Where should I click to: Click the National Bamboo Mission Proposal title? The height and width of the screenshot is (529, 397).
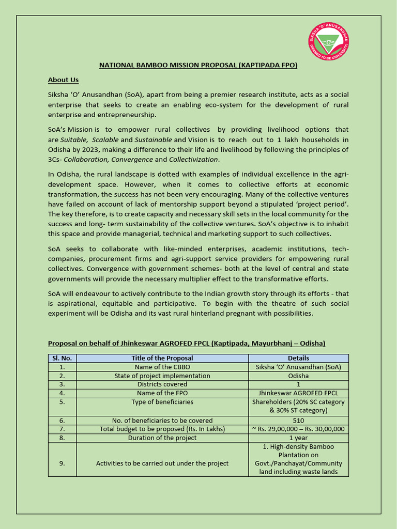click(x=198, y=66)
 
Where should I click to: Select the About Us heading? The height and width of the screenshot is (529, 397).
click(x=63, y=80)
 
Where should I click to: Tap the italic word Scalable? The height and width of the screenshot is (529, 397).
click(x=105, y=139)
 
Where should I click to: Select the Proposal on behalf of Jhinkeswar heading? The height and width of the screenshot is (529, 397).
click(x=187, y=343)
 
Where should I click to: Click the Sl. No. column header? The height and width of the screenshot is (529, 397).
click(x=62, y=358)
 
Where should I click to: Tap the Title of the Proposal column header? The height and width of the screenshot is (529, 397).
click(x=162, y=358)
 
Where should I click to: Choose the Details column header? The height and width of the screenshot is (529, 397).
click(x=298, y=358)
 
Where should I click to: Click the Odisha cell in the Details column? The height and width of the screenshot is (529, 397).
click(x=298, y=376)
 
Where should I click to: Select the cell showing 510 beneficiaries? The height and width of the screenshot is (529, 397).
click(x=298, y=421)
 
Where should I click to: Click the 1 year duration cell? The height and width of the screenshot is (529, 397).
click(x=298, y=438)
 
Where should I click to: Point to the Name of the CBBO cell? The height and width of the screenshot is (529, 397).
click(x=162, y=367)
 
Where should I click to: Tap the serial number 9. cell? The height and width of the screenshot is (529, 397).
click(x=62, y=463)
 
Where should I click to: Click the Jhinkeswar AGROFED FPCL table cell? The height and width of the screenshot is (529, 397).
click(x=298, y=393)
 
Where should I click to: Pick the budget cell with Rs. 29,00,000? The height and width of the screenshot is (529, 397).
click(x=298, y=429)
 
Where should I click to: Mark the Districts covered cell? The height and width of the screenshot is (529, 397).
click(x=162, y=384)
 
